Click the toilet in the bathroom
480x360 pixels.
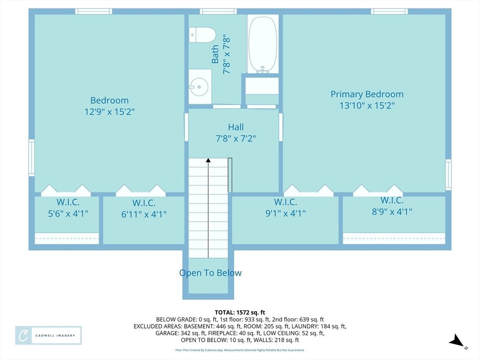(x=202, y=35)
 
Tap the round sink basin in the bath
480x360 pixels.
(x=199, y=87)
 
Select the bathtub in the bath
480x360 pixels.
(x=262, y=44)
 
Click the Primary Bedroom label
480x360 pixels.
(x=367, y=94)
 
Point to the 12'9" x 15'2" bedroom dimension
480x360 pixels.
(x=110, y=112)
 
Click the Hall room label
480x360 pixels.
(x=236, y=127)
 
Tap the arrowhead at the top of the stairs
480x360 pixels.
(x=208, y=160)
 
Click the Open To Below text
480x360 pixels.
(x=210, y=273)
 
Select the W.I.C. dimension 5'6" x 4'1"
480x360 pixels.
(x=68, y=213)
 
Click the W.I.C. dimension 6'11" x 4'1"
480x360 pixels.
(x=143, y=214)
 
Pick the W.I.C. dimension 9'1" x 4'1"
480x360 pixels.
(x=285, y=213)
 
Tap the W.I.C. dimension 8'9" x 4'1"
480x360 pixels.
(x=392, y=211)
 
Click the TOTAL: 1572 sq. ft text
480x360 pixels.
(x=240, y=313)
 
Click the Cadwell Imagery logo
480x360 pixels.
(x=48, y=336)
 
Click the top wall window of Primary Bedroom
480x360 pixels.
(x=389, y=11)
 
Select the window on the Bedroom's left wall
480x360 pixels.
(x=31, y=157)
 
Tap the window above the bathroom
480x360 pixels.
(x=218, y=11)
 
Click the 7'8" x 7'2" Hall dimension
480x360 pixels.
(x=236, y=138)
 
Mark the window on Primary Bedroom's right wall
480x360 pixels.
(x=448, y=174)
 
